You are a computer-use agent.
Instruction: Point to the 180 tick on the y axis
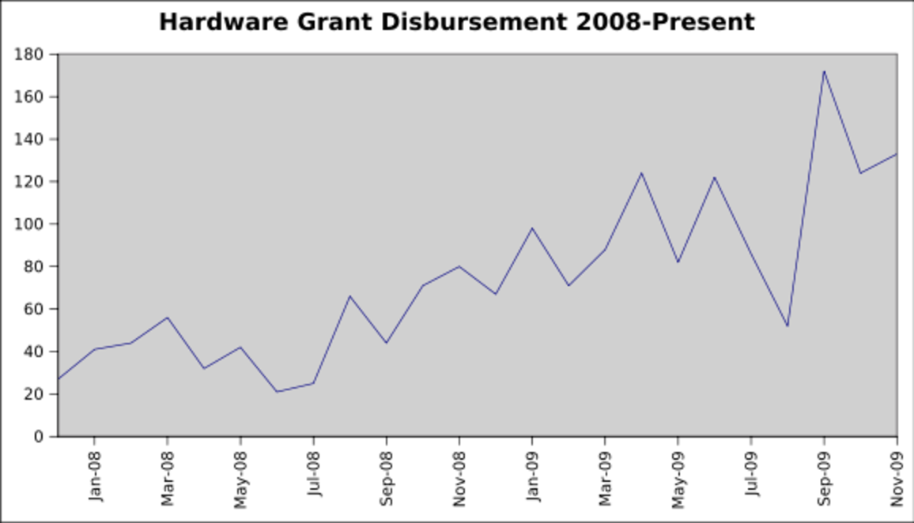[31, 55]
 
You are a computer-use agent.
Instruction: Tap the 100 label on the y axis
[31, 224]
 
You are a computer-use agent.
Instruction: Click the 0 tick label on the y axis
[40, 436]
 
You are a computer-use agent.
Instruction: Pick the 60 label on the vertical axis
[35, 309]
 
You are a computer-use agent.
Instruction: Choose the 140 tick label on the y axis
[31, 139]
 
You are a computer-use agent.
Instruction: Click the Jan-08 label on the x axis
[95, 476]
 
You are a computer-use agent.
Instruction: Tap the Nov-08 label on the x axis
[460, 476]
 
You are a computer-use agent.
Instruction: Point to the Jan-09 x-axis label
[533, 476]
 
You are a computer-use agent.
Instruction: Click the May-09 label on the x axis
[678, 476]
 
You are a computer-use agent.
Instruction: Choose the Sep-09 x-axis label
[825, 476]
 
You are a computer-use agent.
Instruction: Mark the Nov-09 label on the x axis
[897, 476]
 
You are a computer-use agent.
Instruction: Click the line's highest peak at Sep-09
[824, 71]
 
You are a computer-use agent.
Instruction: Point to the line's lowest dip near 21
[277, 392]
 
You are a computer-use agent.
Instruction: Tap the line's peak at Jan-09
[532, 228]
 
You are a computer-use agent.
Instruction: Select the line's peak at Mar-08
[167, 318]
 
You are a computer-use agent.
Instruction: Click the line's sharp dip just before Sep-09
[787, 325]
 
